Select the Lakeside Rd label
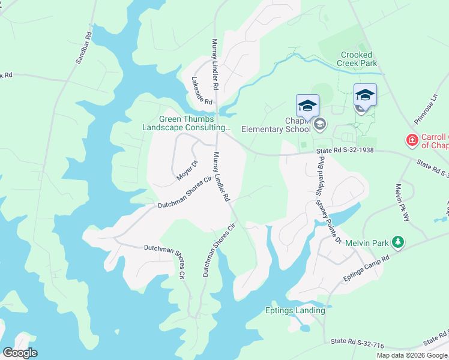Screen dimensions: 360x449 pyautogui.click(x=202, y=91)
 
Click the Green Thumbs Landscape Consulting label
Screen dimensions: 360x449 pyautogui.click(x=186, y=123)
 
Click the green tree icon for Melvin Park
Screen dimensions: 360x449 pyautogui.click(x=397, y=242)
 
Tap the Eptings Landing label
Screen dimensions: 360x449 pyautogui.click(x=295, y=310)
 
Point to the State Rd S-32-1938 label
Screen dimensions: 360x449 pyautogui.click(x=345, y=151)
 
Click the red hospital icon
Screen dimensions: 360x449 pyautogui.click(x=412, y=140)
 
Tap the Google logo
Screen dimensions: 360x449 pyautogui.click(x=20, y=352)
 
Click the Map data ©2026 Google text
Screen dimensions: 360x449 pyautogui.click(x=411, y=355)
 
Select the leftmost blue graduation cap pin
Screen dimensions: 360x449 pyautogui.click(x=307, y=106)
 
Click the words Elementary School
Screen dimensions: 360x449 pyautogui.click(x=276, y=128)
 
